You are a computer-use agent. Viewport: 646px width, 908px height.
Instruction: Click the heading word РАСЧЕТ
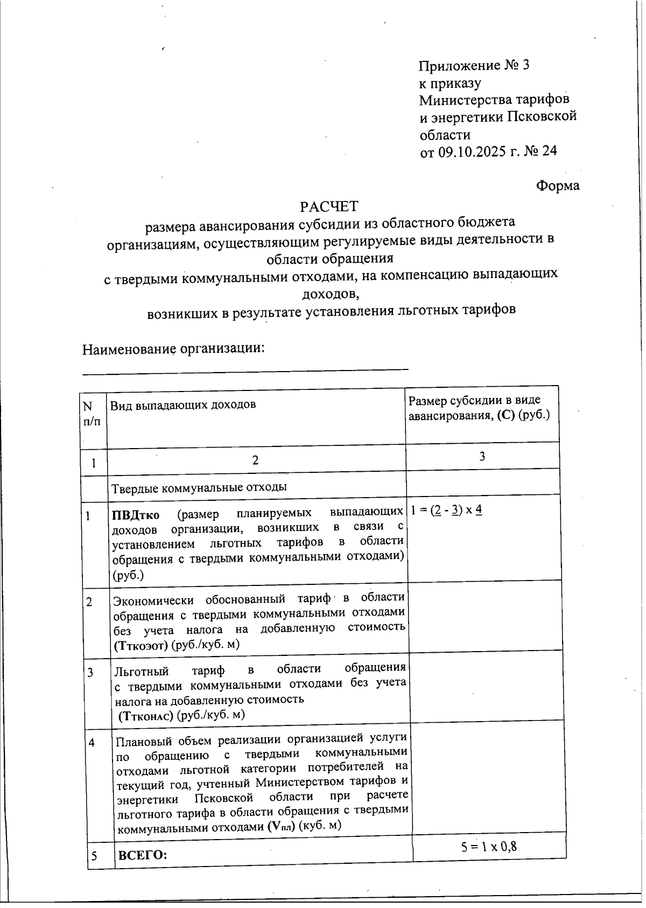click(x=328, y=206)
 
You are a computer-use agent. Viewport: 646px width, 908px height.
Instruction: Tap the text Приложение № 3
click(x=474, y=66)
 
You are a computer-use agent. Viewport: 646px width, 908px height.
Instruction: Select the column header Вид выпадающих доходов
click(x=183, y=404)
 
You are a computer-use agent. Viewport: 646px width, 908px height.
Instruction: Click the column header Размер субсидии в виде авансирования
click(x=479, y=408)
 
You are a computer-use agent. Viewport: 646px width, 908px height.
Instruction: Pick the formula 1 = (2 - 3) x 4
click(x=446, y=509)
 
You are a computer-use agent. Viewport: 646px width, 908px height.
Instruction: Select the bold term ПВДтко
click(x=136, y=515)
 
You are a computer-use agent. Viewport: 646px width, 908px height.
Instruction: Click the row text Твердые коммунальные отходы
click(x=199, y=487)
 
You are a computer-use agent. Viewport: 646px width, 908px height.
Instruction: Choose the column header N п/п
click(x=93, y=414)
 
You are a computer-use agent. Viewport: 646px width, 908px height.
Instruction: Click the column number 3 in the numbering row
click(x=482, y=456)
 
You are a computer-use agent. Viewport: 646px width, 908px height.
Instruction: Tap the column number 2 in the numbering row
click(x=255, y=460)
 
